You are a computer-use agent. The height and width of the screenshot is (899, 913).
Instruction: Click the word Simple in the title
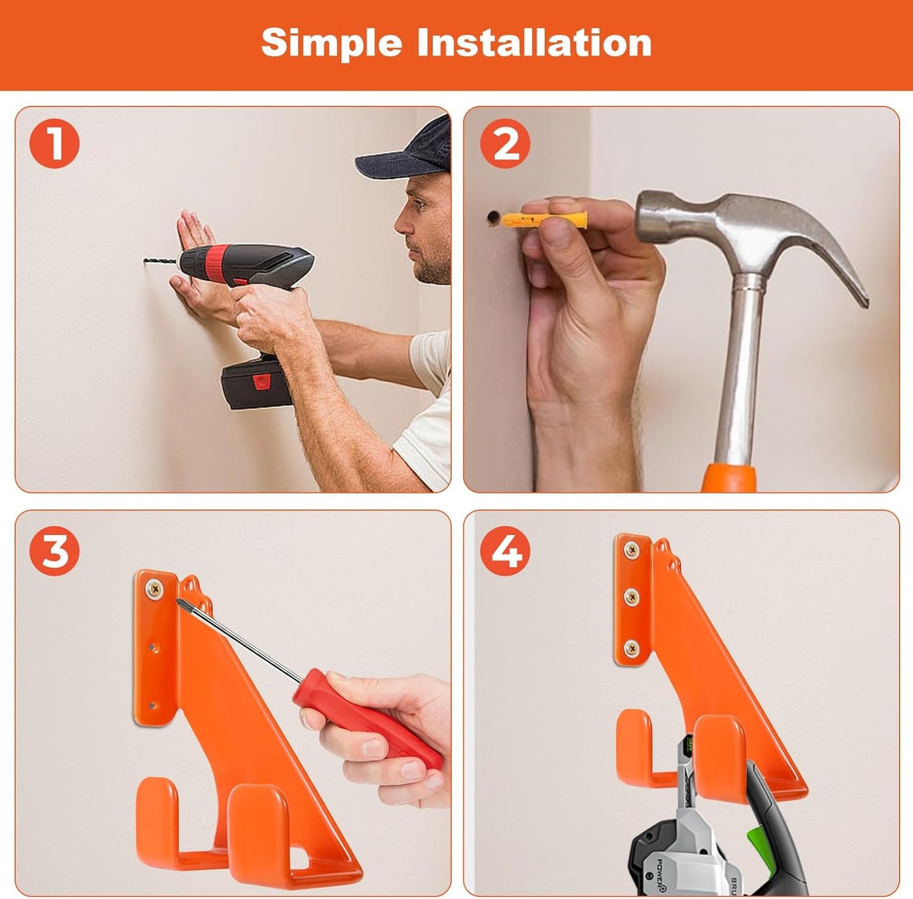tap(331, 43)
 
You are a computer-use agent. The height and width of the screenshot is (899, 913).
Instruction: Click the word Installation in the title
tap(534, 43)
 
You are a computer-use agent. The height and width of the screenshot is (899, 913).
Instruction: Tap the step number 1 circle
tap(54, 143)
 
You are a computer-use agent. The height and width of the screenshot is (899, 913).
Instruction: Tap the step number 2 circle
tap(505, 143)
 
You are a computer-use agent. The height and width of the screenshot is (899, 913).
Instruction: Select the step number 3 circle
tap(54, 550)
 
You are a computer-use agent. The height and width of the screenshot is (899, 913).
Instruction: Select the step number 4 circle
tap(505, 550)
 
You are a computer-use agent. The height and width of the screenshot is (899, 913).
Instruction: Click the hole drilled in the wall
tap(492, 219)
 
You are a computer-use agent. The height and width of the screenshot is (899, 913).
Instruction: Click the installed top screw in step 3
tap(154, 589)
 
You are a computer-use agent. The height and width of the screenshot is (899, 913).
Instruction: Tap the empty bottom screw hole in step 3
tap(153, 705)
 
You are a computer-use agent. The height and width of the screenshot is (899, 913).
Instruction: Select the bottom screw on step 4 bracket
tap(631, 647)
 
